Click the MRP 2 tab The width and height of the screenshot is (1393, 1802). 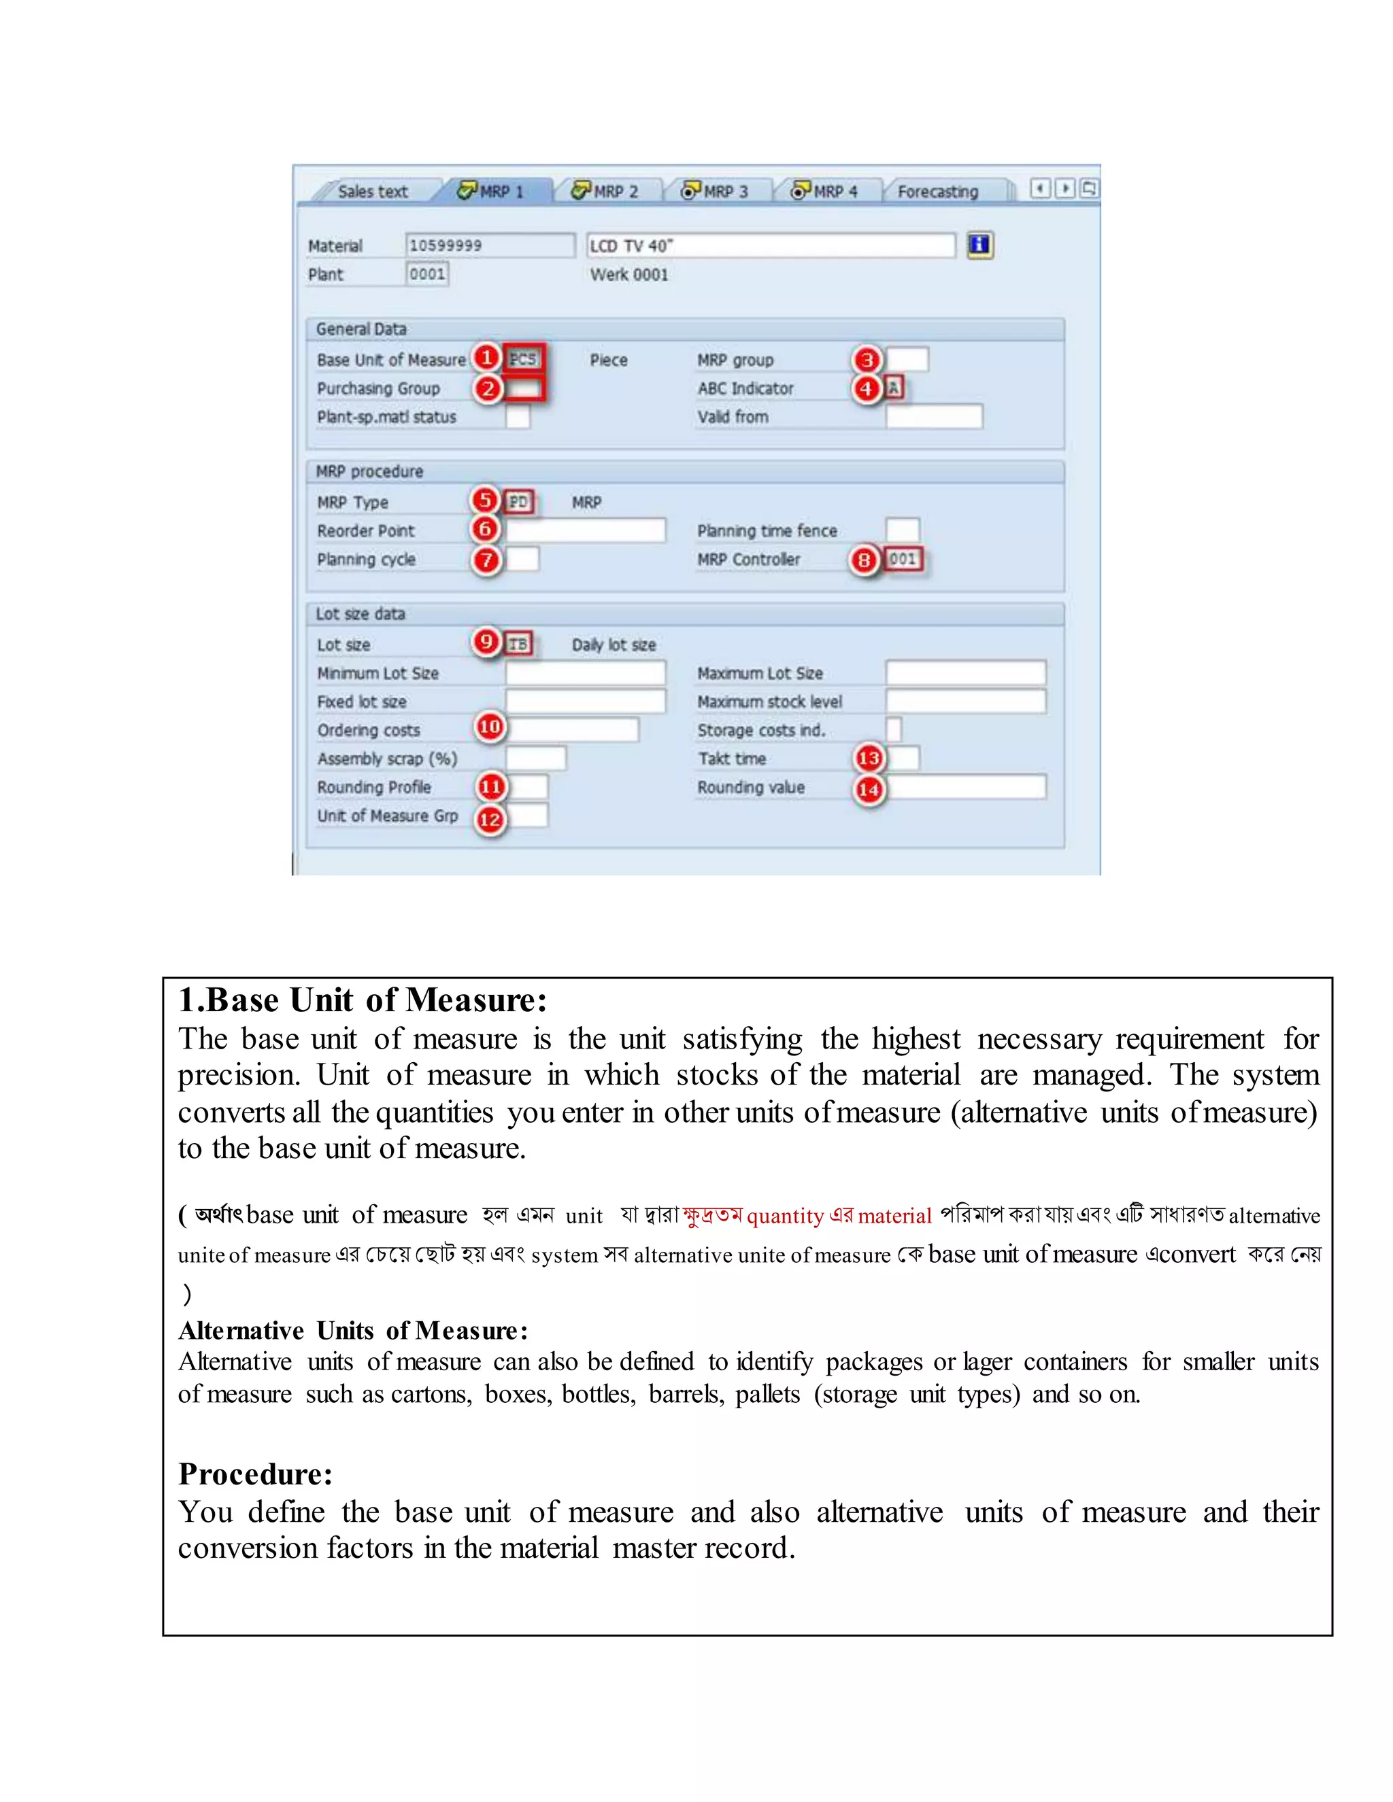(x=607, y=192)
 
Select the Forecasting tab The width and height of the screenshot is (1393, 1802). (x=937, y=192)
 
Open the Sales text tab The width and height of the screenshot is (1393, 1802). (x=372, y=192)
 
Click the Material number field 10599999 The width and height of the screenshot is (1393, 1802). (x=489, y=245)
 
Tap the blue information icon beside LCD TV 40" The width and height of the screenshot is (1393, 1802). (x=979, y=244)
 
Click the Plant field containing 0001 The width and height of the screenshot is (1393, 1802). (x=427, y=274)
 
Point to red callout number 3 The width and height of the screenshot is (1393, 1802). (x=867, y=360)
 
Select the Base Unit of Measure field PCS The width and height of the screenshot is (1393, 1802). (x=523, y=359)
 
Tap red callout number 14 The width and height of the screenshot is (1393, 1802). (x=868, y=789)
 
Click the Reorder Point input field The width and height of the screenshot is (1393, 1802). (x=585, y=530)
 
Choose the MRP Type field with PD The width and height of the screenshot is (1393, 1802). (x=518, y=502)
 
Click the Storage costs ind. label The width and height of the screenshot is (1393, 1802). (x=761, y=730)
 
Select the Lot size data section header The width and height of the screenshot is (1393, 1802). (x=360, y=614)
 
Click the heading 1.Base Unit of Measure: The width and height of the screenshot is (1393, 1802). (x=363, y=1000)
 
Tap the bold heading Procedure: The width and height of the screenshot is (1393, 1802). (x=256, y=1474)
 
